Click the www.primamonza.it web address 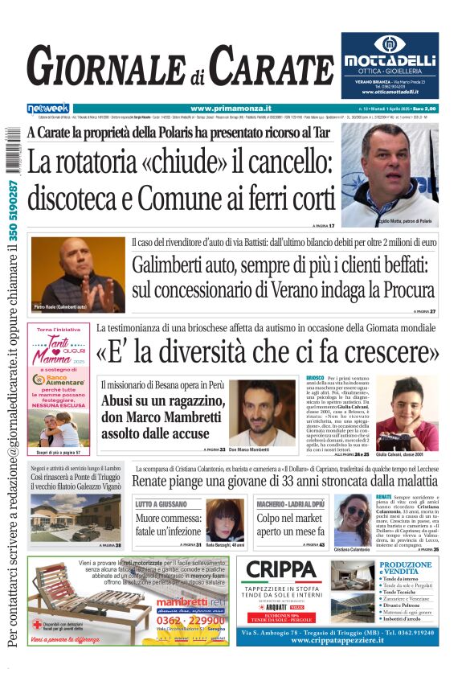pos(231,109)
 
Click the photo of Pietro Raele pos(78,273)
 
